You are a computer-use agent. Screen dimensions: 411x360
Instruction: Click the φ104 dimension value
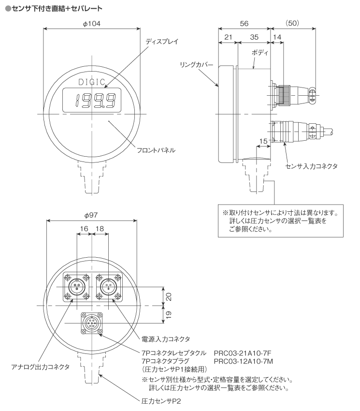[92, 24]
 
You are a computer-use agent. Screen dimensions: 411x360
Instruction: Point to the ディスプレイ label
[162, 42]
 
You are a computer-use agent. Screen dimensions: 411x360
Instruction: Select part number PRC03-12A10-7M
[244, 361]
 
